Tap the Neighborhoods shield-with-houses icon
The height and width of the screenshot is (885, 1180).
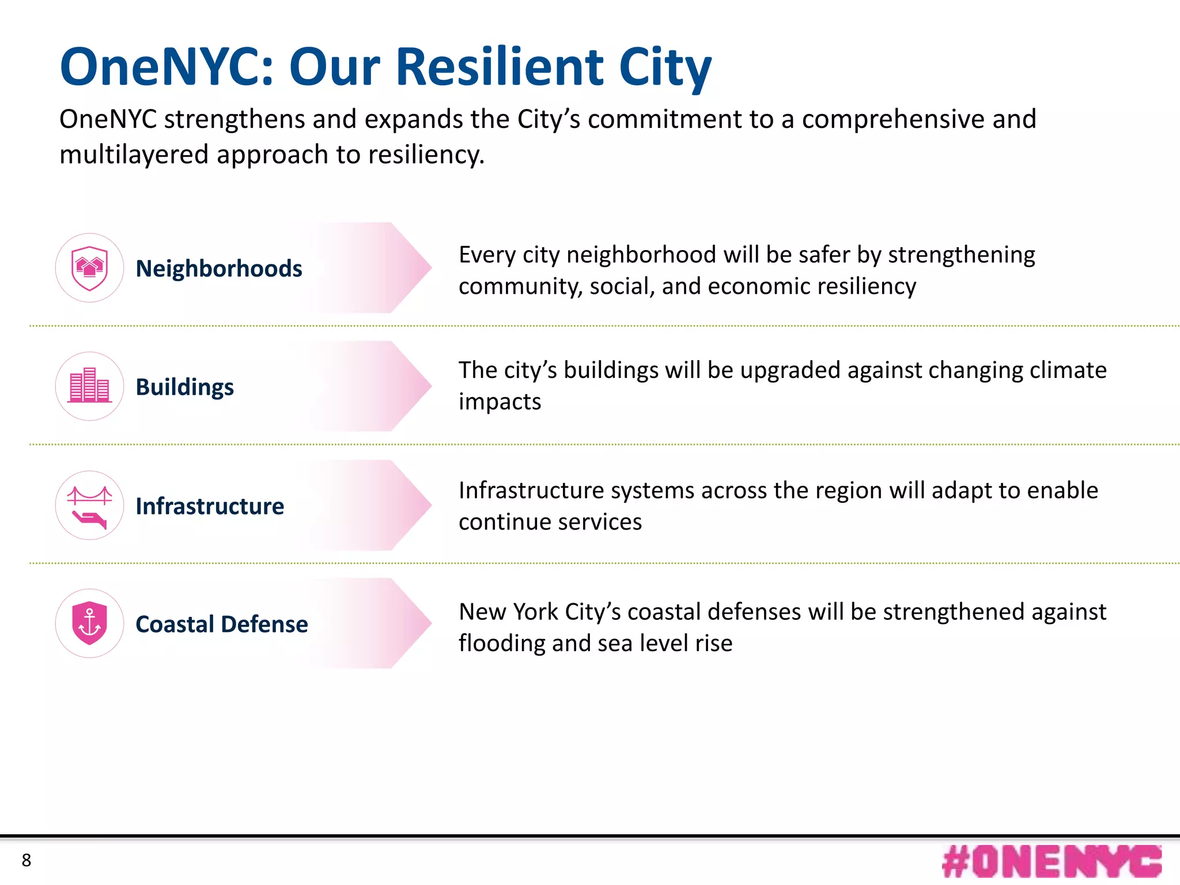89,268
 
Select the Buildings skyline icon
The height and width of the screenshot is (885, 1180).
89,386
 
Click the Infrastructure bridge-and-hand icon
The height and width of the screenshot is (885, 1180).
89,505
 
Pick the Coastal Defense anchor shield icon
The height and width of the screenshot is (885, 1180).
89,623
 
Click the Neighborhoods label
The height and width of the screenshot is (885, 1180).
218,268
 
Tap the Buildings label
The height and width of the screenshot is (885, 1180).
184,387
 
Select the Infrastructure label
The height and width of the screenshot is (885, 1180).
210,506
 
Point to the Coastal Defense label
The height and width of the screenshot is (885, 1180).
221,625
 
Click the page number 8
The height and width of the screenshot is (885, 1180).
27,860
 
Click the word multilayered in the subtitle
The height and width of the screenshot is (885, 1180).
134,154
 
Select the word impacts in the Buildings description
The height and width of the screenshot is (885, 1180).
500,402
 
